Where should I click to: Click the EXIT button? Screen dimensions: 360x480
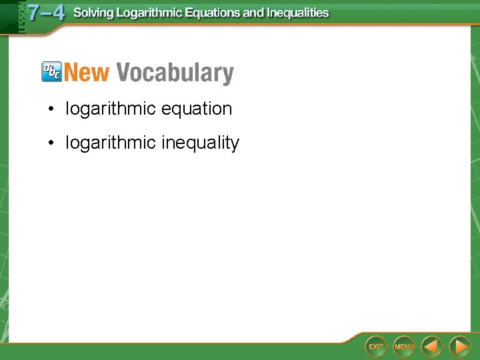[x=376, y=347]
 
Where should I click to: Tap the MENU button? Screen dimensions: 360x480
[x=404, y=347]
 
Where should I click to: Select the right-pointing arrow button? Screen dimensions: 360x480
[x=459, y=347]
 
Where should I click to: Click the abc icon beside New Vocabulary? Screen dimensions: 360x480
[x=51, y=71]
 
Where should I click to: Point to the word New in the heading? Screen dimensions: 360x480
[x=87, y=72]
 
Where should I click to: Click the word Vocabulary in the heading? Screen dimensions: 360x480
[x=175, y=73]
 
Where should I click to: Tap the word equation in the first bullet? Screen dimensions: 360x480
[x=199, y=109]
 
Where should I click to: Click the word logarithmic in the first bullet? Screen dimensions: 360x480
[x=111, y=109]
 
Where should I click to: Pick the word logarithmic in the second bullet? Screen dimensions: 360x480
[x=111, y=143]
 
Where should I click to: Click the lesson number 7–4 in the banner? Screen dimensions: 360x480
[x=45, y=12]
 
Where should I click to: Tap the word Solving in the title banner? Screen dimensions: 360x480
[x=93, y=13]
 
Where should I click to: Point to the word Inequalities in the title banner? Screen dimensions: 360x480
[x=298, y=13]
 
